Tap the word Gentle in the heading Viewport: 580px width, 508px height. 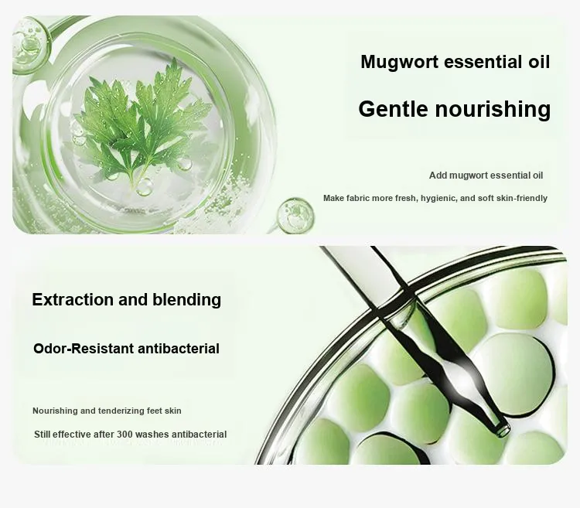(393, 110)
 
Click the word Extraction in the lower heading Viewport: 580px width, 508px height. (73, 299)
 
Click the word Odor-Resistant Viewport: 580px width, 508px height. (84, 348)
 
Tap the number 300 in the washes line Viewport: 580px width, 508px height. (125, 434)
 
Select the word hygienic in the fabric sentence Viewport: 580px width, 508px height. (438, 199)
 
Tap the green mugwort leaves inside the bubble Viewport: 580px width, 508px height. (143, 123)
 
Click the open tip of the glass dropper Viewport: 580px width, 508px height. (503, 431)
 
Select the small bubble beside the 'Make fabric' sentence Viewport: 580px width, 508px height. (295, 216)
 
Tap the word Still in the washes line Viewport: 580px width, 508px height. (43, 434)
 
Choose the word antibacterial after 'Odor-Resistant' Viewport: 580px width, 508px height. (179, 348)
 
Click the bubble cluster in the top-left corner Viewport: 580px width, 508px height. (30, 44)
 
